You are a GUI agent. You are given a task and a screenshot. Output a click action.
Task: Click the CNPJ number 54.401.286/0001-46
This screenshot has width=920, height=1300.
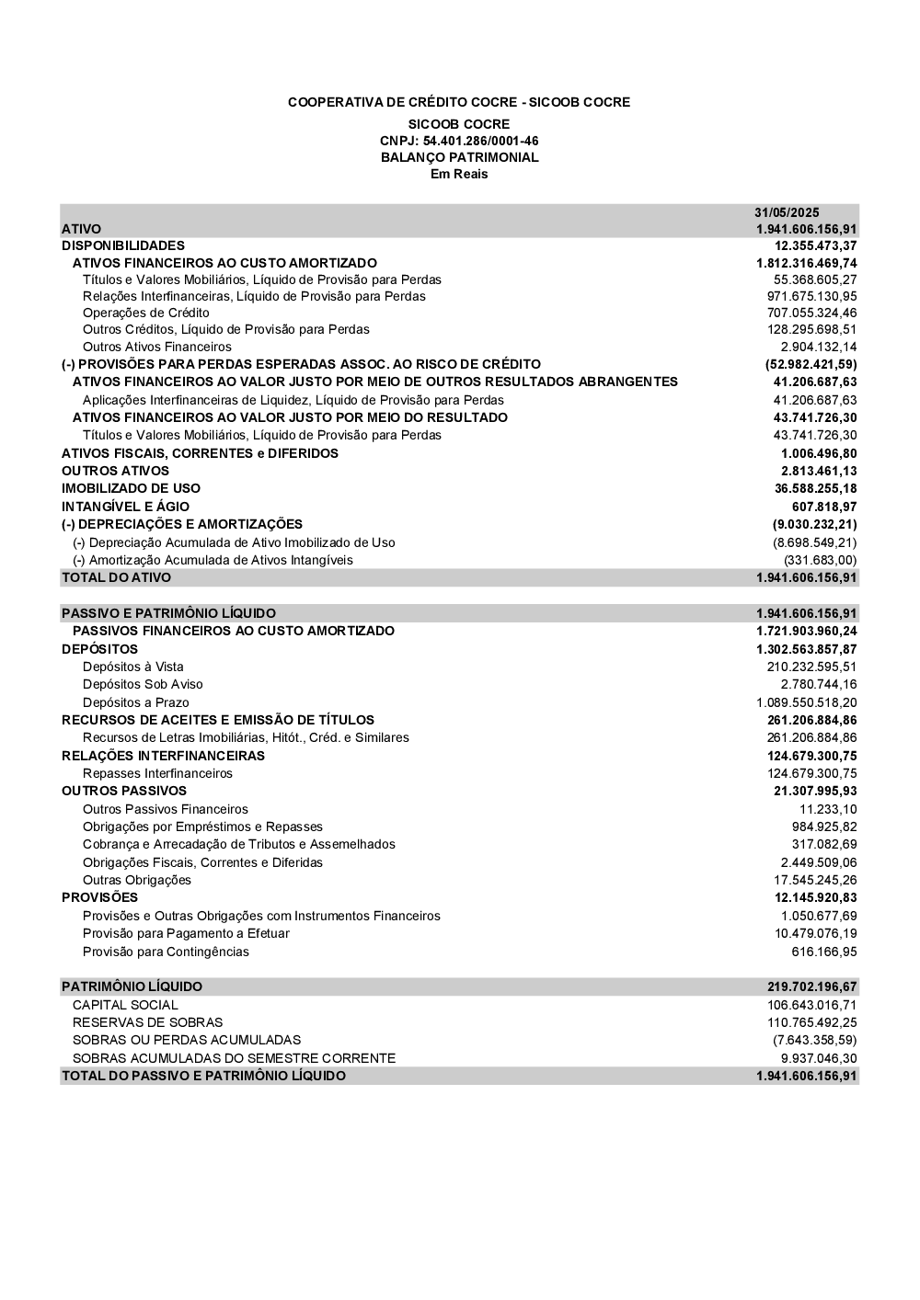coord(480,141)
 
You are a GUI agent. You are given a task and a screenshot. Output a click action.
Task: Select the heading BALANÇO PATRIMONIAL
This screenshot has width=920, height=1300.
coord(459,157)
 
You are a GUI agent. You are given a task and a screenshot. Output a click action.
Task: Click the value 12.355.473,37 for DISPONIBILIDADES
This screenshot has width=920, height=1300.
coord(815,245)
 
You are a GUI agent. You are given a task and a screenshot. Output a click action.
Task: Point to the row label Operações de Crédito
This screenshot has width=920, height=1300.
coord(145,313)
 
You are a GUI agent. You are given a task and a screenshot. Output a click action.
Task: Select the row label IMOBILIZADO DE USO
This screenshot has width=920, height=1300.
coord(131,488)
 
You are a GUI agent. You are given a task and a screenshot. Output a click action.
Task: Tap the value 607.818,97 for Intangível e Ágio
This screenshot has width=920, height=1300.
coord(824,507)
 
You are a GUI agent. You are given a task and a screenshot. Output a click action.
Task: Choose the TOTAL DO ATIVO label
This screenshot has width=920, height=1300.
coord(116,577)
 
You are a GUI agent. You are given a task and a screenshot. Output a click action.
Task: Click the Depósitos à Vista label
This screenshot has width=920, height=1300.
coord(132,667)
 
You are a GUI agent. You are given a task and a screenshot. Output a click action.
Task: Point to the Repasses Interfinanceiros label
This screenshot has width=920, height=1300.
coord(157,773)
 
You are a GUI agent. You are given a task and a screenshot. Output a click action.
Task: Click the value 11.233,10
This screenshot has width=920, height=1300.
coord(828,809)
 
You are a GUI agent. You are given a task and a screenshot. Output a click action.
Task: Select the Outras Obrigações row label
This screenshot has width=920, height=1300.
coord(137,880)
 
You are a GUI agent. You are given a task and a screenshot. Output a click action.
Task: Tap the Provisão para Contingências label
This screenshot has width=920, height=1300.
coord(166,952)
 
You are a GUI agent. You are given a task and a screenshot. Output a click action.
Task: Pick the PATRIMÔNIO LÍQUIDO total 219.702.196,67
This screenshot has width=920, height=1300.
coord(811,986)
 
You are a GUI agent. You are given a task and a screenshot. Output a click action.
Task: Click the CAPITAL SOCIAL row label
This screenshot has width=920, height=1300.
coord(125,1005)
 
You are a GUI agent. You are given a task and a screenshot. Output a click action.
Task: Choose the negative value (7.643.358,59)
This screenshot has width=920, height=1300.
coord(814,1040)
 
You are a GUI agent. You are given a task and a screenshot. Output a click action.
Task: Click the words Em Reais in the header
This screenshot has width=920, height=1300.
coord(459,174)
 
